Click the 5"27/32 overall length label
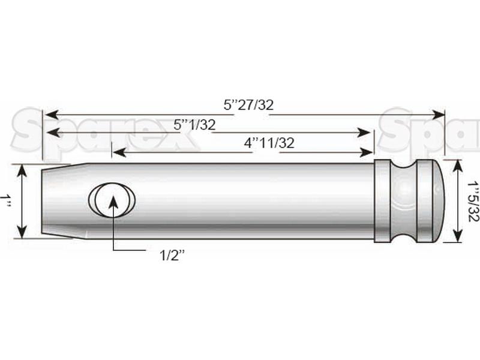248,104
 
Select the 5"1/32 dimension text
194,125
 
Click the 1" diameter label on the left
7,201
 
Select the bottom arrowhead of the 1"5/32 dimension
458,235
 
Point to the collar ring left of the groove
383,201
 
